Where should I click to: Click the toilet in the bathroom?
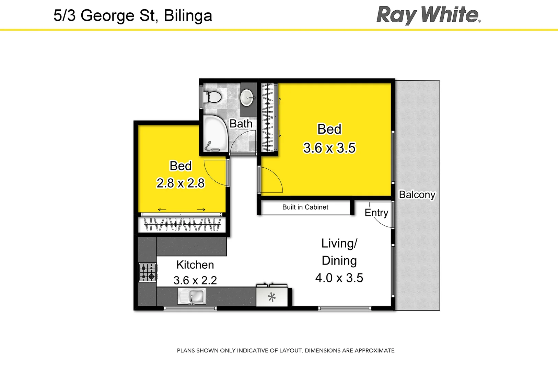tap(213, 97)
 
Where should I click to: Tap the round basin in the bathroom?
tap(247, 98)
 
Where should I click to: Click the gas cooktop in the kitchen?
tap(148, 272)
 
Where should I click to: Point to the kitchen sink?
tap(192, 296)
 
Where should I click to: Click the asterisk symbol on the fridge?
tap(272, 297)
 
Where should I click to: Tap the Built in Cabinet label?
tap(305, 207)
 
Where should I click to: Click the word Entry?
tap(376, 213)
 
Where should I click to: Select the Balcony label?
tap(417, 194)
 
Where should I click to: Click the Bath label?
tap(241, 124)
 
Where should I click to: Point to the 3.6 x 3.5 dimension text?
tap(329, 148)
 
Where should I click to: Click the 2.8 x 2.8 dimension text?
tap(181, 183)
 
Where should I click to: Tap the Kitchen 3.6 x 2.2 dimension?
tap(195, 280)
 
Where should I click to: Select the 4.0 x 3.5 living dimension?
tap(339, 278)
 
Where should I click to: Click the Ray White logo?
tap(428, 15)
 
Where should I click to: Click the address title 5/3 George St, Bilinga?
tap(133, 16)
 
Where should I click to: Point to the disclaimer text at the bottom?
tap(286, 350)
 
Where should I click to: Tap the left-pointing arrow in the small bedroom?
tap(162, 210)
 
